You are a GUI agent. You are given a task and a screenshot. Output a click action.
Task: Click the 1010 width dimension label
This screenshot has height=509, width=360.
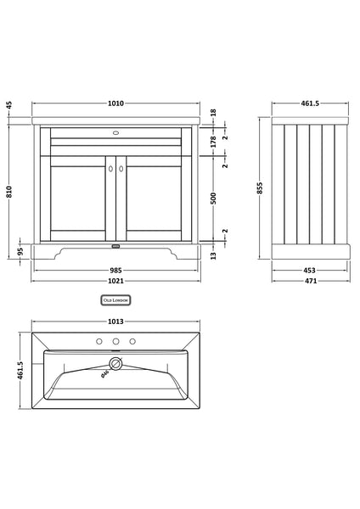(116, 103)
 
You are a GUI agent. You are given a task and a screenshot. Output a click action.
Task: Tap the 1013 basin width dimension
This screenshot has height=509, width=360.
(116, 322)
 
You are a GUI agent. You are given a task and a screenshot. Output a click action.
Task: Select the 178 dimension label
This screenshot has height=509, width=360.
(214, 142)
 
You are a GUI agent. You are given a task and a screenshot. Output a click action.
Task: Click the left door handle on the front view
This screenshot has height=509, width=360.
(110, 170)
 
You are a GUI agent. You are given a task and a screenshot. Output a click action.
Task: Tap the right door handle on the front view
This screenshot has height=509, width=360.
(121, 170)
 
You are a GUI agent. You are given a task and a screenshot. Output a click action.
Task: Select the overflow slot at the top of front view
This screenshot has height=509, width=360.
(116, 132)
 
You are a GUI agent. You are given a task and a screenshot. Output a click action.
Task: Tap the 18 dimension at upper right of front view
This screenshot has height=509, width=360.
(214, 112)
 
